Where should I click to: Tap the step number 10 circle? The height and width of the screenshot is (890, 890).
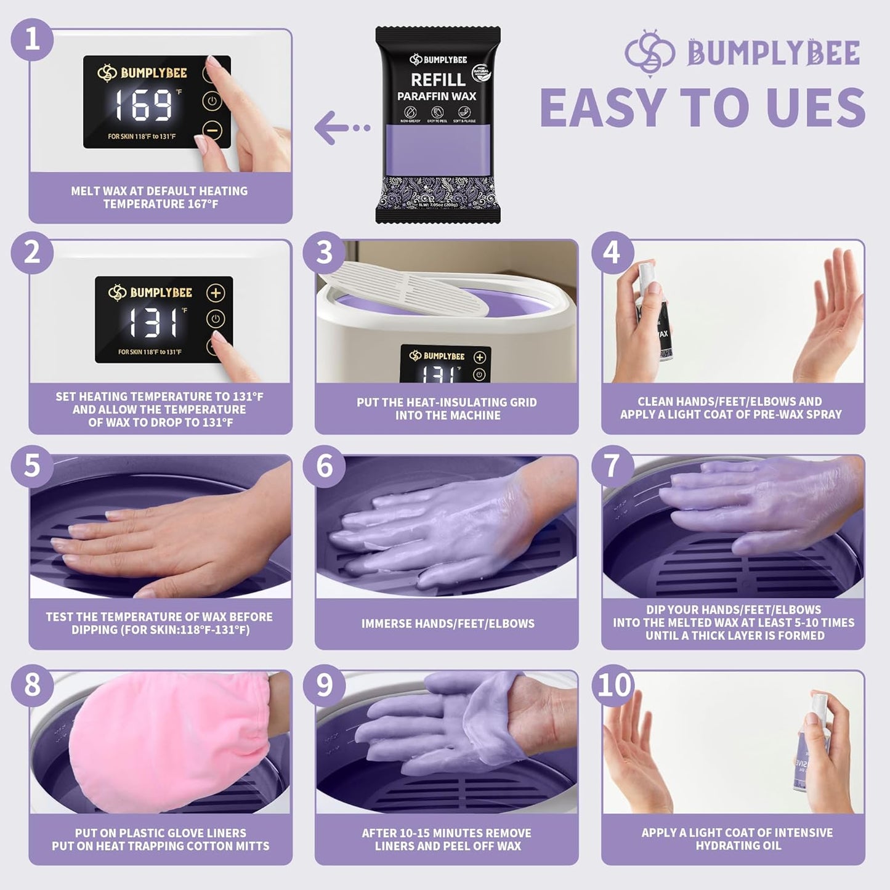click(613, 684)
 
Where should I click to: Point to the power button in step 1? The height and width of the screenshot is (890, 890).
click(211, 101)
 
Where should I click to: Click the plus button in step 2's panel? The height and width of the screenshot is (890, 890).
click(216, 293)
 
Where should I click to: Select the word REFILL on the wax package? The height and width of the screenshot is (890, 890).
click(438, 79)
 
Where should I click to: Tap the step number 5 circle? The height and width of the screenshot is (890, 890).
click(32, 466)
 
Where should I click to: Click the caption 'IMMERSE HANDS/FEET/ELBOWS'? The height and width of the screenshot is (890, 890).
click(448, 623)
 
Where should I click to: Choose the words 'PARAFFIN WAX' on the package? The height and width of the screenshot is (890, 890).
click(437, 96)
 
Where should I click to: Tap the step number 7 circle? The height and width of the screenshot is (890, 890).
click(612, 466)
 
